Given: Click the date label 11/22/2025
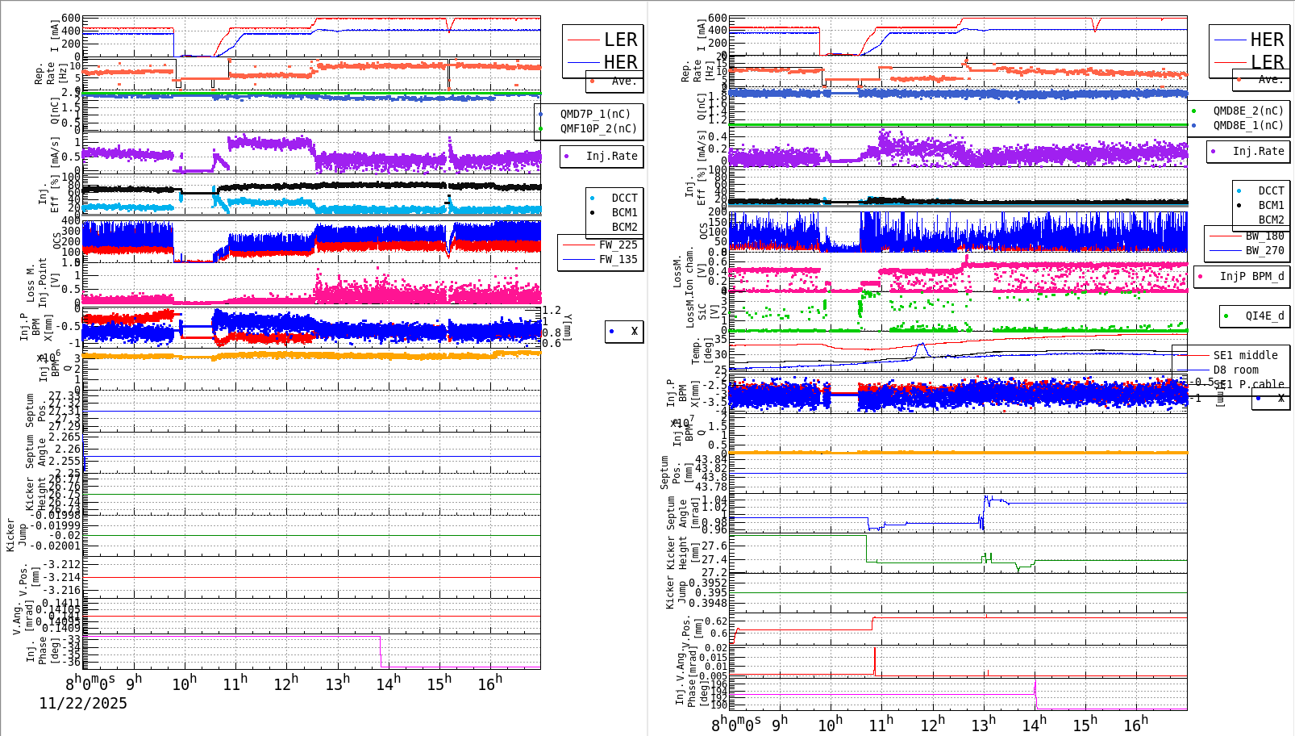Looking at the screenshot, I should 83,703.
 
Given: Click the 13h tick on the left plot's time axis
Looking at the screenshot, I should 338,684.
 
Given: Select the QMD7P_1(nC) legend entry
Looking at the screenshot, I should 595,114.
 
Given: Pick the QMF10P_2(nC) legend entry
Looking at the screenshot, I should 598,128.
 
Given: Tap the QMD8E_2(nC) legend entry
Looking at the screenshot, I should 1247,111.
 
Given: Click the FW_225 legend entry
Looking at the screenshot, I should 618,245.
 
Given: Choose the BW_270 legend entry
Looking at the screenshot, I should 1264,250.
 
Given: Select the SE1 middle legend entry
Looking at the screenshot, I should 1245,355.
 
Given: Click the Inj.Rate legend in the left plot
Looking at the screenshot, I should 611,156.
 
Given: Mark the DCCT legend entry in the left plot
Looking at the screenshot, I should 624,198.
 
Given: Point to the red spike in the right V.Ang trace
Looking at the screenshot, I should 875,660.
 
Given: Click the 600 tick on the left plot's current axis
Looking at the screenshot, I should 71,18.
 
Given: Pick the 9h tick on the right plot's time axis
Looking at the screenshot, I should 780,724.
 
